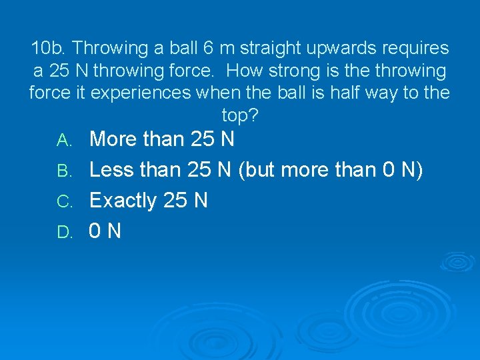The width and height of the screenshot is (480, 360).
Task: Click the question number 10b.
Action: pos(49,49)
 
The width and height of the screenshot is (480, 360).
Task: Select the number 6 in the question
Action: pos(209,49)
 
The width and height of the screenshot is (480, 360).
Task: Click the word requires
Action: pos(415,49)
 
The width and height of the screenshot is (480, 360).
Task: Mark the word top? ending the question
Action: pos(240,115)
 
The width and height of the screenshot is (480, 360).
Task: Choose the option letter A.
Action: pos(64,141)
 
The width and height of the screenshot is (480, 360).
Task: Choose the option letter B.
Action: pos(64,171)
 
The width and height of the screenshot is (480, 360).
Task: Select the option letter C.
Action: pos(64,201)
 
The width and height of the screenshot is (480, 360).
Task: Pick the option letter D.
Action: pos(64,232)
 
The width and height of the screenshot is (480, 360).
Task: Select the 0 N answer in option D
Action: pos(105,231)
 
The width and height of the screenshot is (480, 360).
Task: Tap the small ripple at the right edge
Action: pos(461,261)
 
